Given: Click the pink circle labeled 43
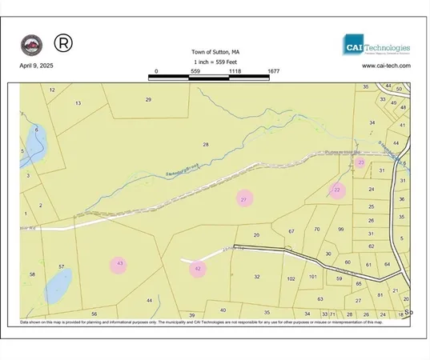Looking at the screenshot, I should [119, 263].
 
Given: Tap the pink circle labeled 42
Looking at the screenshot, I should [198, 270].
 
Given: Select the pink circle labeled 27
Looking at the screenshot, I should [244, 198].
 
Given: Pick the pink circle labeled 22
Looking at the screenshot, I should [337, 190].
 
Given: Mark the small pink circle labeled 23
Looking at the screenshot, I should [360, 162].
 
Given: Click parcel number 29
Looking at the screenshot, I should [148, 98].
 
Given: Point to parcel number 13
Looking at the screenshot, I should [78, 103].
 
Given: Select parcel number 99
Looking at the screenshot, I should [340, 230].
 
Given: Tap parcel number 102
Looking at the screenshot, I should [291, 279].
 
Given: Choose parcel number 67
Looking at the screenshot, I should [291, 231].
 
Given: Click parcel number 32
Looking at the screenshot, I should [257, 277].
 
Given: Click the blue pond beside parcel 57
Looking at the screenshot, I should [58, 285].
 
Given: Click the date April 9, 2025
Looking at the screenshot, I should [37, 66].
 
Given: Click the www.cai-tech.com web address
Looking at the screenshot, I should [386, 66].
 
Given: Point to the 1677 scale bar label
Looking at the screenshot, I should [274, 71].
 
